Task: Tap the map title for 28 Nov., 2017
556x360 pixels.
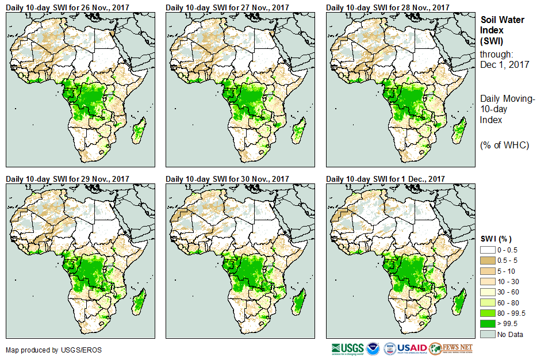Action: pyautogui.click(x=388, y=7)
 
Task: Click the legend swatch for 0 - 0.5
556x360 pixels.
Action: pyautogui.click(x=488, y=250)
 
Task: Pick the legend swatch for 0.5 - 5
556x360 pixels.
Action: pyautogui.click(x=488, y=260)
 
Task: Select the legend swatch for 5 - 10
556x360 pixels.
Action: pyautogui.click(x=488, y=271)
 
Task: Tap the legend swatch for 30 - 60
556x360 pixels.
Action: pyautogui.click(x=488, y=292)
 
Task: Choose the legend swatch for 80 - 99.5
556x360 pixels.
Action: pyautogui.click(x=488, y=313)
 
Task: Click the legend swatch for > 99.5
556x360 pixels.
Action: pyautogui.click(x=488, y=324)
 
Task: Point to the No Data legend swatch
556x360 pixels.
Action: pyautogui.click(x=488, y=334)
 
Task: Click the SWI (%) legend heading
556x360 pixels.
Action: pyautogui.click(x=496, y=239)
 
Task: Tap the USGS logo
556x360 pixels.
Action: pyautogui.click(x=347, y=348)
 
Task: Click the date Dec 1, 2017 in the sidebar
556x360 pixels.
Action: pyautogui.click(x=505, y=65)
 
